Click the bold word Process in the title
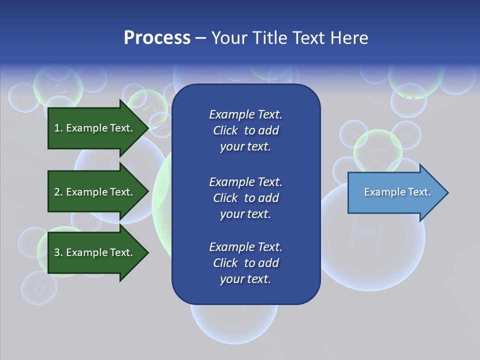tap(157, 38)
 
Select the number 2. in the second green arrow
tap(58, 192)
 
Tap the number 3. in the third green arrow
tap(58, 252)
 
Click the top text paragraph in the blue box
tap(245, 130)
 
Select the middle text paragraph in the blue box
tap(245, 198)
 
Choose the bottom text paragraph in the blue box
tap(245, 263)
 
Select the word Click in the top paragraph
tap(225, 130)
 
